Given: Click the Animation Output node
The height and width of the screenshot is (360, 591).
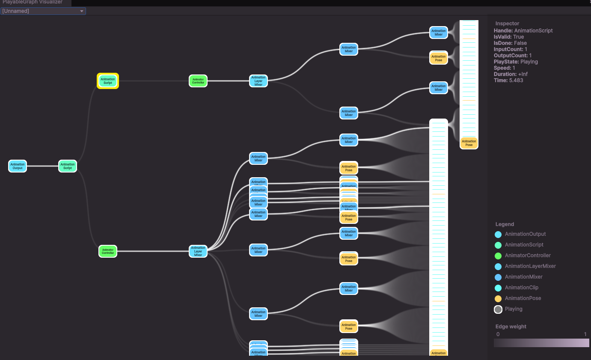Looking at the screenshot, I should pyautogui.click(x=18, y=166).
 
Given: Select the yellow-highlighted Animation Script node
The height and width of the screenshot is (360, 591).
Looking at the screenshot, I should pyautogui.click(x=108, y=81).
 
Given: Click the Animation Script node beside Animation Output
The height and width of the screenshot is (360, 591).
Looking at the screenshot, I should pyautogui.click(x=68, y=166).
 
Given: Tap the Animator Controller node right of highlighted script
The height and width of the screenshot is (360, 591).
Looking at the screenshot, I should pyautogui.click(x=198, y=81).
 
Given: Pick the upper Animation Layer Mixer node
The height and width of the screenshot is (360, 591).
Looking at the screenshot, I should pyautogui.click(x=258, y=81).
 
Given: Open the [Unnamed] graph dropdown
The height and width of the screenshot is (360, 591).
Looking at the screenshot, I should pyautogui.click(x=43, y=11).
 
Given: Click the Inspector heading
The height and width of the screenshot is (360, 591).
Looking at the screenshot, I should pyautogui.click(x=507, y=24).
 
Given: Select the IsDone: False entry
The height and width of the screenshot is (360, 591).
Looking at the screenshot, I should pyautogui.click(x=510, y=43).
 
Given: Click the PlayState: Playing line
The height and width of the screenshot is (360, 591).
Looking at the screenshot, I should pyautogui.click(x=516, y=62).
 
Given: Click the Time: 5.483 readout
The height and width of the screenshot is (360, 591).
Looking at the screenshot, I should pyautogui.click(x=508, y=80).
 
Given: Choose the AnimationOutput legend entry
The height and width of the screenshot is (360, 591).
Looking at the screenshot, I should pyautogui.click(x=525, y=234).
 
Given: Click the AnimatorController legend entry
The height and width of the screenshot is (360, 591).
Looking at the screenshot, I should pyautogui.click(x=528, y=256).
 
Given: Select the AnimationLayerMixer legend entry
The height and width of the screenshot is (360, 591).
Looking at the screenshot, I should pyautogui.click(x=530, y=266).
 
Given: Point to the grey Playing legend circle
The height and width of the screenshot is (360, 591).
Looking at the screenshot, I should pyautogui.click(x=498, y=309).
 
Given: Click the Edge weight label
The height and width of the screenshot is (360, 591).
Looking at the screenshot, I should pyautogui.click(x=511, y=327).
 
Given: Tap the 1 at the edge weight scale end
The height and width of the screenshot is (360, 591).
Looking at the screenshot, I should pyautogui.click(x=585, y=334).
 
